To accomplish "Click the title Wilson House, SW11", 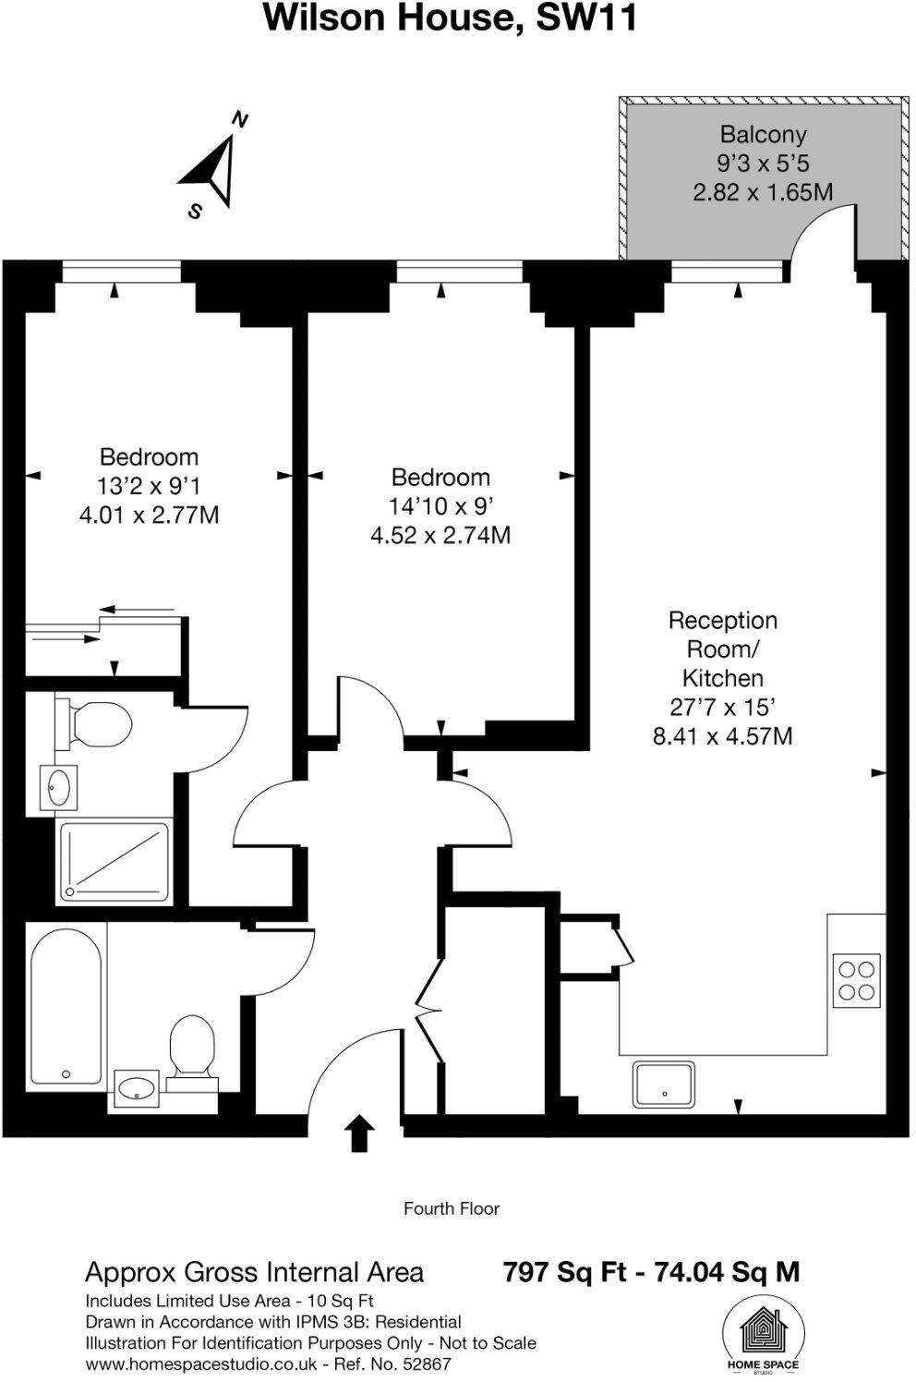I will click(451, 18).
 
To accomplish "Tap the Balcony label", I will click(763, 135).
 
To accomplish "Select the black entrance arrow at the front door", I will click(359, 1133).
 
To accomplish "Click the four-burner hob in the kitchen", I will click(856, 981).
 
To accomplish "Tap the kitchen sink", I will click(664, 1085).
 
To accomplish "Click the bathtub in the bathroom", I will click(66, 1005).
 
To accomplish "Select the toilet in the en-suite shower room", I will click(94, 723).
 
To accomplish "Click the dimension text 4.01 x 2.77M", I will click(149, 515).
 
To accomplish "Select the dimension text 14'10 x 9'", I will click(440, 506).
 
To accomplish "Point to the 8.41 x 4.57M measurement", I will click(722, 736).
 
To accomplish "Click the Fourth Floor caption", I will click(451, 1208).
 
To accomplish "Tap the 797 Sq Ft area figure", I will click(565, 1272).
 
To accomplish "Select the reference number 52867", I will click(422, 1364).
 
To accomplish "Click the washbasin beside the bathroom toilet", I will click(137, 1087).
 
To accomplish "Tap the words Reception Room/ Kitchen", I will click(722, 649).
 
